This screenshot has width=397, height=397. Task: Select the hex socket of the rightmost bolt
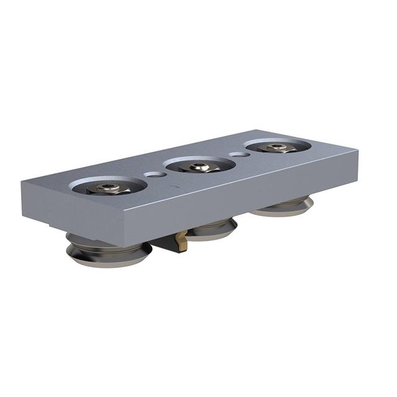[277, 146]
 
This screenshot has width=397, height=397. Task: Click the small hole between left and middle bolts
[156, 175]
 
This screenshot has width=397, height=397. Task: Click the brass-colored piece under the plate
[182, 239]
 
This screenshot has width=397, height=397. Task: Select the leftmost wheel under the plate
[109, 252]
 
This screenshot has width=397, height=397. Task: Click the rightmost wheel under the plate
[282, 207]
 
